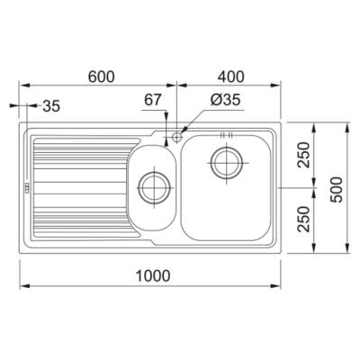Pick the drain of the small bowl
152,188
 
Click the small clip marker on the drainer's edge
26,188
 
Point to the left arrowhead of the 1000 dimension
22,286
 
